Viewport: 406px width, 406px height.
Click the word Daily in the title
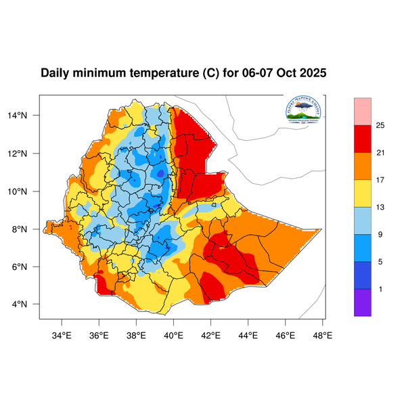click(56, 73)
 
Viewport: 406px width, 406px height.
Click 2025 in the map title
click(312, 73)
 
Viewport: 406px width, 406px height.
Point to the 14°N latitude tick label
click(26, 115)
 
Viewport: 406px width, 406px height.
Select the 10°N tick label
click(26, 191)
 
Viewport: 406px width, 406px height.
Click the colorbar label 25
click(381, 125)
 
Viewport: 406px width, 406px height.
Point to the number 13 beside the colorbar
click(381, 207)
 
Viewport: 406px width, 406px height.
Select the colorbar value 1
click(381, 289)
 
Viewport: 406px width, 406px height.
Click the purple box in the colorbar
click(363, 302)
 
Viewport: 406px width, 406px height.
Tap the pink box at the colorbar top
click(363, 110)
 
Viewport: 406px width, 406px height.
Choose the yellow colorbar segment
click(363, 194)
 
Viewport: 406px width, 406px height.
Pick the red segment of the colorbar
click(363, 139)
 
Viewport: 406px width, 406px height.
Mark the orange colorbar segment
click(363, 166)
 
